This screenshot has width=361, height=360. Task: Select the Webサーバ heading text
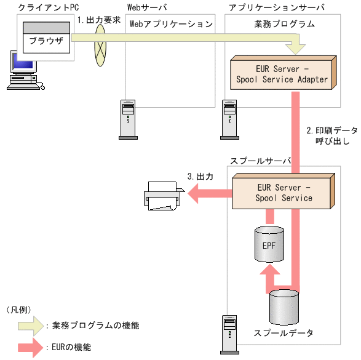tap(146, 7)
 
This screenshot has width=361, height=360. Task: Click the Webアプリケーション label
tap(171, 24)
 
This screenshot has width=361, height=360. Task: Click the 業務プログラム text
tap(284, 24)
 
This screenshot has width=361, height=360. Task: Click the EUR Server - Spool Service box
tap(284, 193)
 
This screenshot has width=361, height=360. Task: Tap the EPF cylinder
tap(269, 244)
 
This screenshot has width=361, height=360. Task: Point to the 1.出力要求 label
tap(99, 20)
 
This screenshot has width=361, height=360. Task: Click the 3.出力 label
tap(200, 177)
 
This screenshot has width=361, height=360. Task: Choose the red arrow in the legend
tap(30, 347)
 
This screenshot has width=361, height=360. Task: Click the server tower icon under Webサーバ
tap(128, 117)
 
